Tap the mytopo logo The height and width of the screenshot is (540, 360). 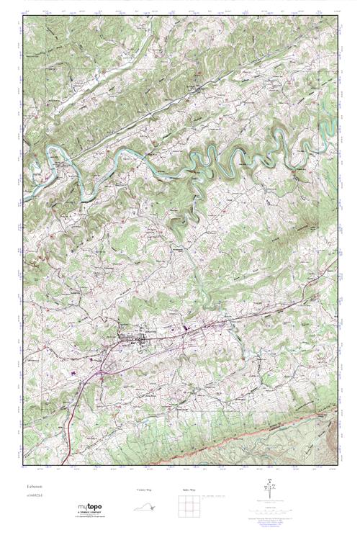coord(90,507)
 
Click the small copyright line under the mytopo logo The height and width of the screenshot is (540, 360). coord(90,518)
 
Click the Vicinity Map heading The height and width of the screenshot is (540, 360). coord(145,490)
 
